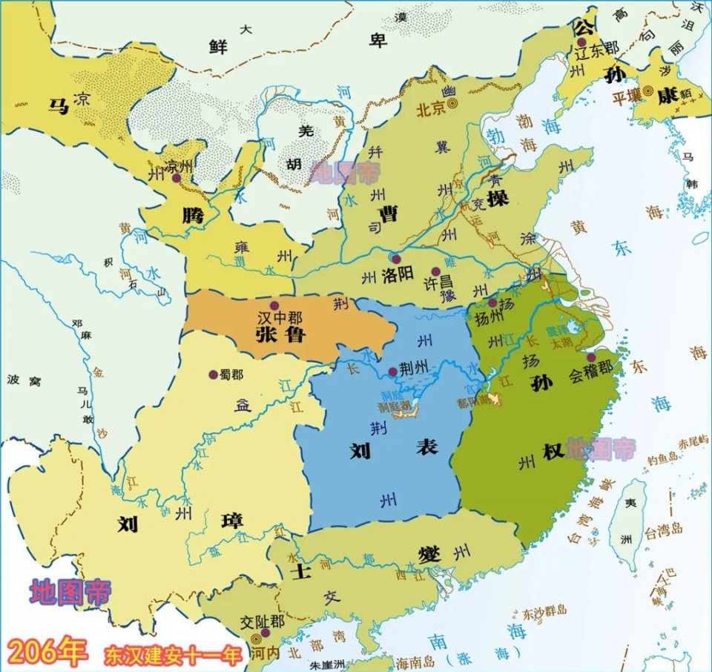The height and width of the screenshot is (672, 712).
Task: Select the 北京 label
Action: click(431, 109)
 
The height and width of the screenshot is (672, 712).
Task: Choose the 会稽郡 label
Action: click(591, 369)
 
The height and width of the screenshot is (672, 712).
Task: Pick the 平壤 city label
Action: click(627, 97)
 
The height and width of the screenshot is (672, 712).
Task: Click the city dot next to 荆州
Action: click(393, 372)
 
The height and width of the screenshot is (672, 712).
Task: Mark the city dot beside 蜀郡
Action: click(213, 374)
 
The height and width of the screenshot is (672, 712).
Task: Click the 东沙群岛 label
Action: click(544, 611)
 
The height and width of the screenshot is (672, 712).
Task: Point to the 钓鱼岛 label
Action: click(662, 461)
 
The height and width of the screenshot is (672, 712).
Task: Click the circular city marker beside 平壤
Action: click(648, 90)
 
